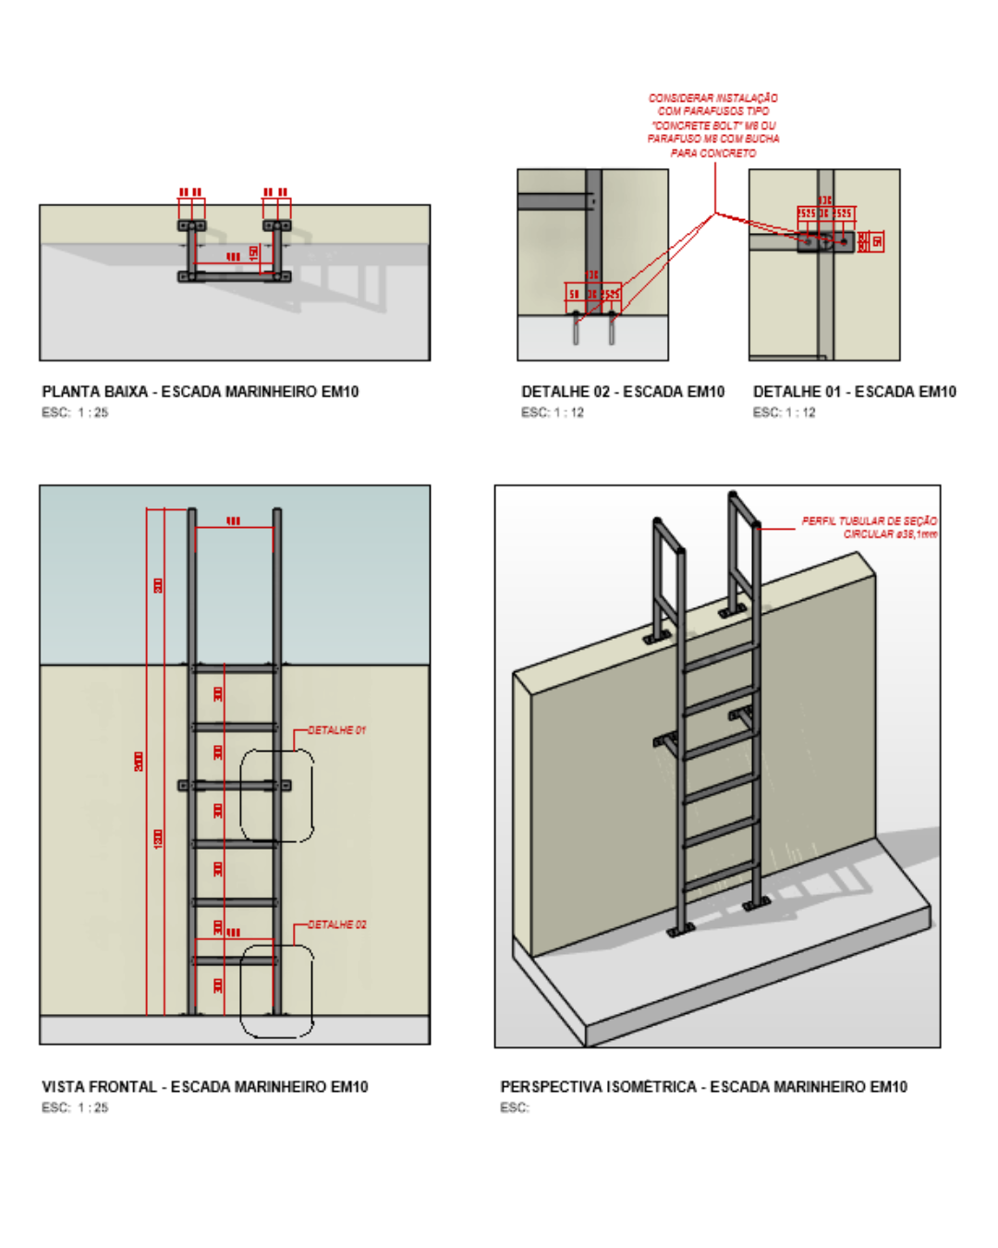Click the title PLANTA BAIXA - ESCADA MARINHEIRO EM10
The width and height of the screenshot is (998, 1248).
200,392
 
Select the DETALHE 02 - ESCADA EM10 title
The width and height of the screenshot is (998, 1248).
623,392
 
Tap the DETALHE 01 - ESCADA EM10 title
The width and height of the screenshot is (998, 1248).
855,392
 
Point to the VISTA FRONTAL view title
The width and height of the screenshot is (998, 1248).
204,1087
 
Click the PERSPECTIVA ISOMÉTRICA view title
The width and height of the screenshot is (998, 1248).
703,1087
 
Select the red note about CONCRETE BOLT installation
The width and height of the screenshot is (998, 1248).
713,125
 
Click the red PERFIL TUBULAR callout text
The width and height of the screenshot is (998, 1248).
869,528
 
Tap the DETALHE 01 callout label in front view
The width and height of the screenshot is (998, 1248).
336,730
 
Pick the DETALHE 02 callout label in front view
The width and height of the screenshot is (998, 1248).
336,924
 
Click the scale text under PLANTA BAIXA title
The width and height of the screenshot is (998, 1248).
75,413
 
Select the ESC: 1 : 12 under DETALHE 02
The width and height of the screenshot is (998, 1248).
553,413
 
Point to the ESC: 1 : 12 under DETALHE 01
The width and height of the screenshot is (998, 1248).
785,413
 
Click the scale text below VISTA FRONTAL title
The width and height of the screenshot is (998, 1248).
75,1107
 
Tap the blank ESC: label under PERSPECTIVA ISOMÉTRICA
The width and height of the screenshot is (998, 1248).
515,1107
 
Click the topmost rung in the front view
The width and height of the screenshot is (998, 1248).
235,668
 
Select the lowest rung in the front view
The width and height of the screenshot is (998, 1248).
235,960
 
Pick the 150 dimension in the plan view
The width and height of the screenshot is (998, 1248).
254,251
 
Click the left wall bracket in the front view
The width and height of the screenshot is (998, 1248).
185,786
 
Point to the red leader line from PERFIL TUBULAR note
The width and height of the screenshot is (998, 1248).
777,529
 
